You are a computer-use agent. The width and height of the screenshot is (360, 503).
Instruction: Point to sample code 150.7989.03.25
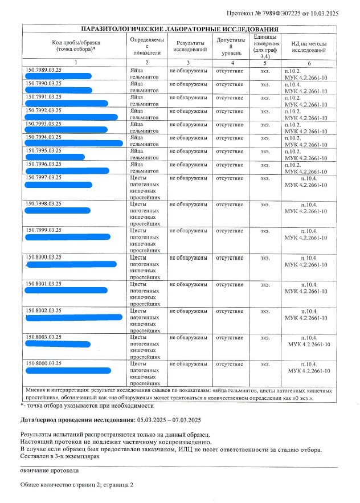[x=44, y=70]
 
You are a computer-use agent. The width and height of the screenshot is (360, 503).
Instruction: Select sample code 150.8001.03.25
[x=44, y=284]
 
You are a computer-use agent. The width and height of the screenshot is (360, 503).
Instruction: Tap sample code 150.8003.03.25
[x=44, y=337]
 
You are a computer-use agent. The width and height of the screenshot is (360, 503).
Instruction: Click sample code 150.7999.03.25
[x=44, y=230]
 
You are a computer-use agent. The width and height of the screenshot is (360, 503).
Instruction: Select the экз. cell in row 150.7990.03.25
[x=265, y=84]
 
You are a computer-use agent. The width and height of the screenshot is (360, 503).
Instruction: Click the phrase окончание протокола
[x=49, y=471]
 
